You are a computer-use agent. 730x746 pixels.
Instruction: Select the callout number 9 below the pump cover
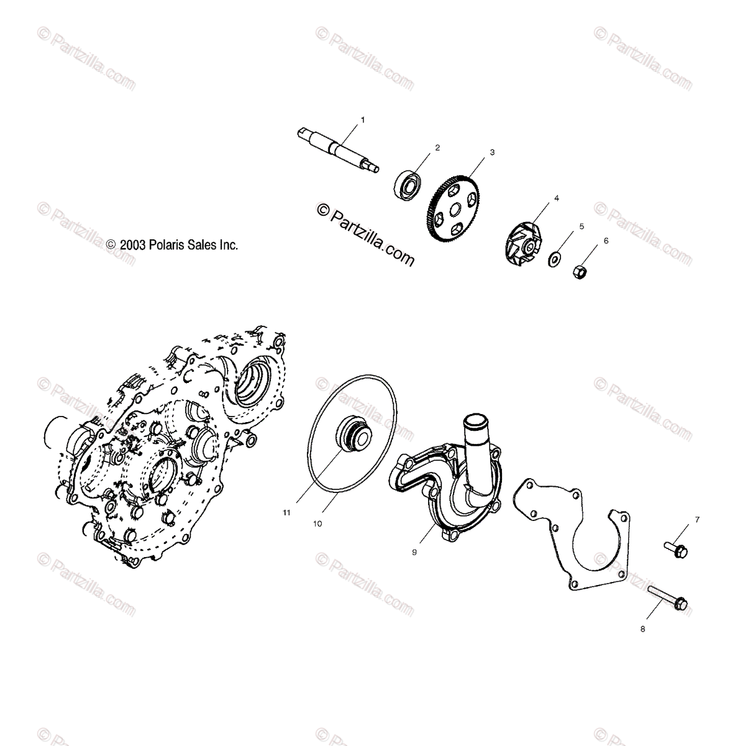click(x=414, y=550)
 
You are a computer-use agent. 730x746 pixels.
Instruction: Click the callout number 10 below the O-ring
click(x=317, y=523)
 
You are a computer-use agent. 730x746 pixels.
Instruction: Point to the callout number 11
click(x=286, y=513)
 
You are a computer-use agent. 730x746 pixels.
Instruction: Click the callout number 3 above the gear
click(x=492, y=152)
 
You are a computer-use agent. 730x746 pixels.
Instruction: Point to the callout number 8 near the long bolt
click(x=642, y=629)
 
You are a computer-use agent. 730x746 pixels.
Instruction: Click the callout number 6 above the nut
click(x=606, y=240)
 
